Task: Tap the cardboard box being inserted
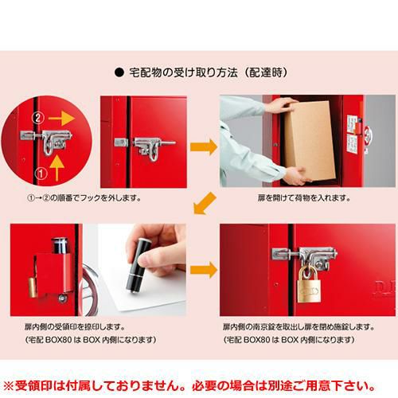pos(310,141)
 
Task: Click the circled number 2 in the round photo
pos(38,118)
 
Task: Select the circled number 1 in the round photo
pos(41,174)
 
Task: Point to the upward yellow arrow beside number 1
pos(57,168)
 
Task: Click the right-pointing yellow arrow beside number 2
pos(61,119)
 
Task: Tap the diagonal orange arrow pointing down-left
pos(205,203)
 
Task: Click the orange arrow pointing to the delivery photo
pos(204,146)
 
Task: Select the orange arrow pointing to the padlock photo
pos(204,270)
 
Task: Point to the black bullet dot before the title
pos(119,72)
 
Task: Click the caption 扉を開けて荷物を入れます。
pos(304,198)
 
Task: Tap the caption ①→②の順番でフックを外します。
pos(84,198)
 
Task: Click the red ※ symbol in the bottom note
pos(8,386)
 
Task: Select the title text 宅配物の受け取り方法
pos(183,72)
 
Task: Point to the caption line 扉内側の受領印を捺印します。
pos(75,327)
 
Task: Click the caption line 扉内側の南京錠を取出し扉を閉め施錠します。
pos(298,327)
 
